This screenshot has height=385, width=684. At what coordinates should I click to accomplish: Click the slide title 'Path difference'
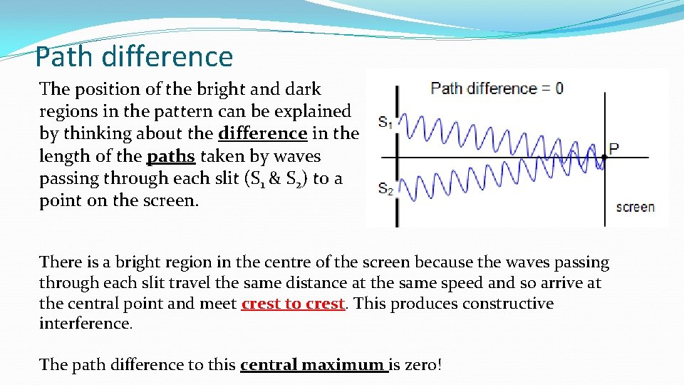pyautogui.click(x=134, y=56)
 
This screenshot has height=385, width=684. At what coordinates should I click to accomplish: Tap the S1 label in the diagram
pyautogui.click(x=385, y=123)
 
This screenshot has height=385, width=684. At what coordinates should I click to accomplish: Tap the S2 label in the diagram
pyautogui.click(x=385, y=190)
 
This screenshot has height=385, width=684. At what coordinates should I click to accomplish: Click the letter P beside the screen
pyautogui.click(x=613, y=148)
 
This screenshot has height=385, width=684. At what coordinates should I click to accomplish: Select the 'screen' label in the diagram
pyautogui.click(x=635, y=207)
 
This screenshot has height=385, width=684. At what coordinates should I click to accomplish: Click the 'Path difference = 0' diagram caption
pyautogui.click(x=497, y=88)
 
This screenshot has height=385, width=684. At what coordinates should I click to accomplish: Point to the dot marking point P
pyautogui.click(x=603, y=157)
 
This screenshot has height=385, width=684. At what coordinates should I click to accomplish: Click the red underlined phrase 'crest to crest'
pyautogui.click(x=293, y=304)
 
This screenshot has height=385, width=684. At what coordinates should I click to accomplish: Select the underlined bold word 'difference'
pyautogui.click(x=262, y=134)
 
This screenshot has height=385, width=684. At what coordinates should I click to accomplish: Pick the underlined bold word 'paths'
pyautogui.click(x=171, y=156)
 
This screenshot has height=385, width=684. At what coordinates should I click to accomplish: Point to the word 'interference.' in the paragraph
pyautogui.click(x=85, y=324)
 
